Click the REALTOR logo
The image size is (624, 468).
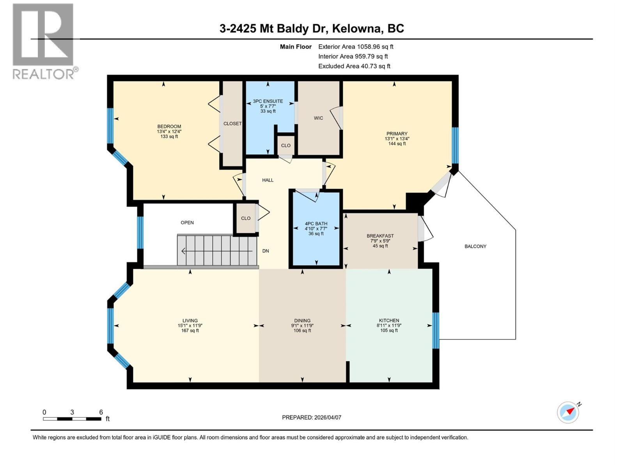[43, 41]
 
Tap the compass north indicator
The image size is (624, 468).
[568, 412]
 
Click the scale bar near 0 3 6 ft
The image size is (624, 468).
[72, 419]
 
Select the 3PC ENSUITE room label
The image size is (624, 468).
[268, 101]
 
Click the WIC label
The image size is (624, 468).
[318, 118]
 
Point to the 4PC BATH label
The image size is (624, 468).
[316, 224]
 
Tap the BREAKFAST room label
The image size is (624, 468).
[380, 236]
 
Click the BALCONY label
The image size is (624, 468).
[475, 246]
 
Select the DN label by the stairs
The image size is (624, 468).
[266, 251]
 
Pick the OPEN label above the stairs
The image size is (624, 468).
[187, 223]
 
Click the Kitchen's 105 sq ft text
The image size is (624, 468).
[389, 331]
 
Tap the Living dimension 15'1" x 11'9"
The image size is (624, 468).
[190, 326]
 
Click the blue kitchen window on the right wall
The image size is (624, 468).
[436, 330]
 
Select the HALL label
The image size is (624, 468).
[268, 180]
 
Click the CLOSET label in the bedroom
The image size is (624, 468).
[232, 124]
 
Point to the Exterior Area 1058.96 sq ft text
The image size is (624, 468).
[356, 47]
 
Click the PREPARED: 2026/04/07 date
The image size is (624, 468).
[311, 417]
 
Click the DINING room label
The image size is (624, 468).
[302, 321]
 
